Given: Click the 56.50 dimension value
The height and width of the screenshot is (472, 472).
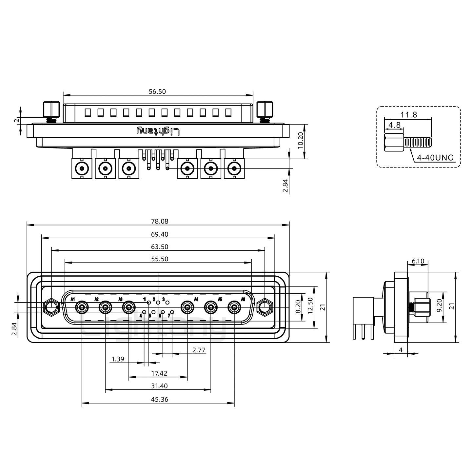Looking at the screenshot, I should [157, 91].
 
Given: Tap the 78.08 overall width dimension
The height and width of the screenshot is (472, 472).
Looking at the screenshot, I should [160, 221].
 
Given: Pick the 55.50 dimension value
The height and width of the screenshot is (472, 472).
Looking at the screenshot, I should [160, 259].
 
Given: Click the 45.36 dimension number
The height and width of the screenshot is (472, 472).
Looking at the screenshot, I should [160, 400].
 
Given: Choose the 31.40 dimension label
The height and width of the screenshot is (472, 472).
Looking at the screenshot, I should [160, 386].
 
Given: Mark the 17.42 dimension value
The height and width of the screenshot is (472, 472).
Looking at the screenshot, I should [160, 373].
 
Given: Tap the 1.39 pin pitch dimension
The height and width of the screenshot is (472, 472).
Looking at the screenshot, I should [118, 359].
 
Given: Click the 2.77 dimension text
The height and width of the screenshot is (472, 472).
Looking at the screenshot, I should [199, 350].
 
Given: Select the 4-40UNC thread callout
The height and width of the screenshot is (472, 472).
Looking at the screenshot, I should [435, 158].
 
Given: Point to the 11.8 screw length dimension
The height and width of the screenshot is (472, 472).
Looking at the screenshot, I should [409, 115].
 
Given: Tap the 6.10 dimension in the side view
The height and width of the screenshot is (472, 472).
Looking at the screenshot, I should [418, 261].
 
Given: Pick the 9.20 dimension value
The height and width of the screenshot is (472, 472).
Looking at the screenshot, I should [439, 307].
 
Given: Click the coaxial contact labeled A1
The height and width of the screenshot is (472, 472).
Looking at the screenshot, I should [82, 308].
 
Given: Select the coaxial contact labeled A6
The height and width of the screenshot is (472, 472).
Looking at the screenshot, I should [234, 308].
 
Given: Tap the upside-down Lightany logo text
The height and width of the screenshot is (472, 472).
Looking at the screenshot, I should [158, 131].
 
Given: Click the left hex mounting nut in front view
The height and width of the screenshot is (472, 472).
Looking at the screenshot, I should [51, 307].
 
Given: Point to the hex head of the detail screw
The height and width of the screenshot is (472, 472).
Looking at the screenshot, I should [394, 143].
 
